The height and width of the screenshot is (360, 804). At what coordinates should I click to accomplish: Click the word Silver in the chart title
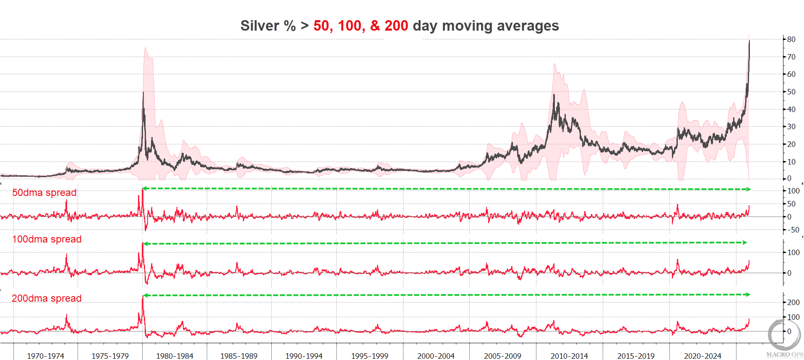pos(260,26)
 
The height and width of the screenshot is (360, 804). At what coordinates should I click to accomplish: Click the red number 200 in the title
pos(396,26)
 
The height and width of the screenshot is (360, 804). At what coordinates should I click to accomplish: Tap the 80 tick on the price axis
pos(791,39)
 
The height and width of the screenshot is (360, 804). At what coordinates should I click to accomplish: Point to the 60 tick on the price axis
pos(791,74)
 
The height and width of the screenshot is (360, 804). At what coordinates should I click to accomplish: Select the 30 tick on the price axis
pos(791,127)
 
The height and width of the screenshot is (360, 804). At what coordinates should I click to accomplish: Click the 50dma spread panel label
pos(44,193)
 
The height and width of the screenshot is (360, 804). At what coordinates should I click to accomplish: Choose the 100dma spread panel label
pos(47,239)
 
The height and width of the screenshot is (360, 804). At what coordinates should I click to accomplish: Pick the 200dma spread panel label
pos(47,298)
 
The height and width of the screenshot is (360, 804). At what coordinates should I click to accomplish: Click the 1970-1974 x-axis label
pos(45,356)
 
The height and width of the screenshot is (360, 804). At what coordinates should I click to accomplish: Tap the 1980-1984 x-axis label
pos(174,356)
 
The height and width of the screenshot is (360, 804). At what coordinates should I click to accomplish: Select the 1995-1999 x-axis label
pos(369,356)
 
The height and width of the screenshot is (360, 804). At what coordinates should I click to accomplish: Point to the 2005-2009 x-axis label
pos(502,356)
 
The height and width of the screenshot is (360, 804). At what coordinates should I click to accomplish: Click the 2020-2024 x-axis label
pos(703,356)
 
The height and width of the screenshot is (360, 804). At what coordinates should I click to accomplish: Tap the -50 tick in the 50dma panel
pos(793,230)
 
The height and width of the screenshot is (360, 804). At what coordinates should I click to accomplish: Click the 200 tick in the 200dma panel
pos(793,302)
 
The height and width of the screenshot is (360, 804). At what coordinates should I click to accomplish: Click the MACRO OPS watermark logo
pos(784,338)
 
